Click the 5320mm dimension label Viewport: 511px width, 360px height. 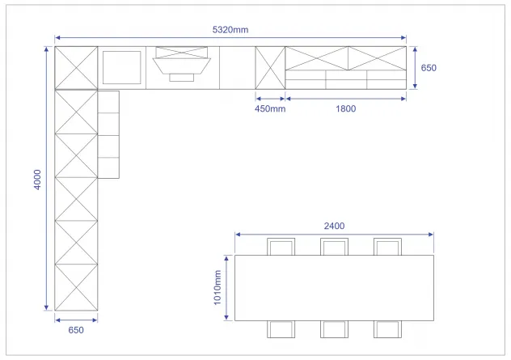click(x=230, y=30)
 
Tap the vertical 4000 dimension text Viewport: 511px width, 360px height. click(x=37, y=180)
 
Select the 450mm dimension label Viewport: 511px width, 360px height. click(x=270, y=108)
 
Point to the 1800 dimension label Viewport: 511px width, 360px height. click(x=346, y=108)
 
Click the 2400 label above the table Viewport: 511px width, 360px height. click(x=334, y=226)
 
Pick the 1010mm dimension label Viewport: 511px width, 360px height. click(x=217, y=288)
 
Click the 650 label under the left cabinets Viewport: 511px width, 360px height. click(x=76, y=330)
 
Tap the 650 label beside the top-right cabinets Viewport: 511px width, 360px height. click(x=429, y=68)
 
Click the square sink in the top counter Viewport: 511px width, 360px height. click(x=121, y=67)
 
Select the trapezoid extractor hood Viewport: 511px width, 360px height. click(x=182, y=66)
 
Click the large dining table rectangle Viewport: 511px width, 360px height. click(x=334, y=288)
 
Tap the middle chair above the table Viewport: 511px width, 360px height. click(x=334, y=247)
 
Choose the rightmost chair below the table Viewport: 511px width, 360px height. click(x=387, y=329)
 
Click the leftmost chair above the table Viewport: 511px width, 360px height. click(x=281, y=247)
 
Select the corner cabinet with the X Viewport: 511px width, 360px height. click(x=76, y=68)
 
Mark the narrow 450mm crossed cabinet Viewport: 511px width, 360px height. click(x=270, y=68)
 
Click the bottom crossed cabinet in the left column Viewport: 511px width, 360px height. click(x=76, y=287)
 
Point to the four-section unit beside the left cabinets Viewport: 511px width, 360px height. click(x=108, y=134)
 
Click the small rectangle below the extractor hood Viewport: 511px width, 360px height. click(x=182, y=78)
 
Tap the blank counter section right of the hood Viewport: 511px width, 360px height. click(x=237, y=68)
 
